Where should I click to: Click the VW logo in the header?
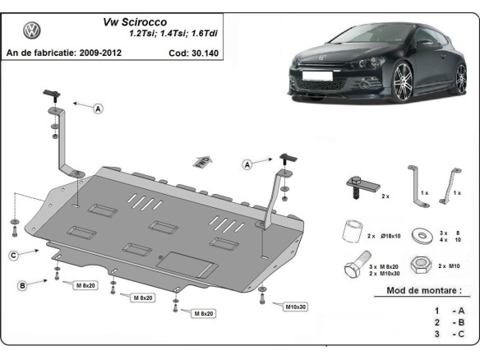32,31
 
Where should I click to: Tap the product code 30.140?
205,53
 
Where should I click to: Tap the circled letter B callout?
23,285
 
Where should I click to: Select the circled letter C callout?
14,256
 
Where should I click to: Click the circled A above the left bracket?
99,108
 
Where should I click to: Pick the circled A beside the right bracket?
247,165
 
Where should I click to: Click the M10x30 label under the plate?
297,307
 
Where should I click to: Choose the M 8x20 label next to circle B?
86,285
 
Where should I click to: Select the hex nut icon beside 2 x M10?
422,265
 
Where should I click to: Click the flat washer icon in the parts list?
422,235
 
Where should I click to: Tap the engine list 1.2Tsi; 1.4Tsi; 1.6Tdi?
173,35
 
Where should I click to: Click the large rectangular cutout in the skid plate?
188,263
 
